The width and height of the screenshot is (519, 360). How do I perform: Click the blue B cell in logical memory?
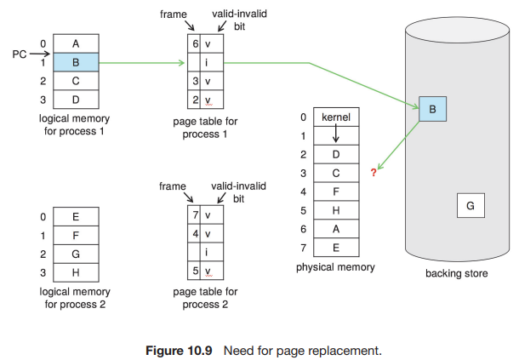point(76,61)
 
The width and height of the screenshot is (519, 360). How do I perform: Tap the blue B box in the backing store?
point(432,109)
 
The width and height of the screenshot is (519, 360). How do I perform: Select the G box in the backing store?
point(471,205)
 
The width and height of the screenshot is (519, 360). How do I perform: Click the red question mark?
point(373,174)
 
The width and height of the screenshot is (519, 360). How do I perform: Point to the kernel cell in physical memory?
point(335,117)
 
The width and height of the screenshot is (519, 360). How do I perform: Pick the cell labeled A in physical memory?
point(335,229)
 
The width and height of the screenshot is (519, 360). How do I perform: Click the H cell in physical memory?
point(335,210)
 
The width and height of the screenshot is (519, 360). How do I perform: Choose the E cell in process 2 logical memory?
point(76,216)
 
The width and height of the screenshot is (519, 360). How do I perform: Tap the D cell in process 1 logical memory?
point(76,100)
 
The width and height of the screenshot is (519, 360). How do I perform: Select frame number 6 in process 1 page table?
point(194,43)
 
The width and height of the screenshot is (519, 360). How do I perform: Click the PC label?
point(20,55)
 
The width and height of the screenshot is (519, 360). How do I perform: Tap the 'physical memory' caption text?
point(335,267)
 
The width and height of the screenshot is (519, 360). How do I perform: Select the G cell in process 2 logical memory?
point(76,254)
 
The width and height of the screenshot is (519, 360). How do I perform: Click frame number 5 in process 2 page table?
point(194,271)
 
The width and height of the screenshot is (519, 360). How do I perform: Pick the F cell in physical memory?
point(335,191)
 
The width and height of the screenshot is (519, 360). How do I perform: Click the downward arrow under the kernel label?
point(335,134)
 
